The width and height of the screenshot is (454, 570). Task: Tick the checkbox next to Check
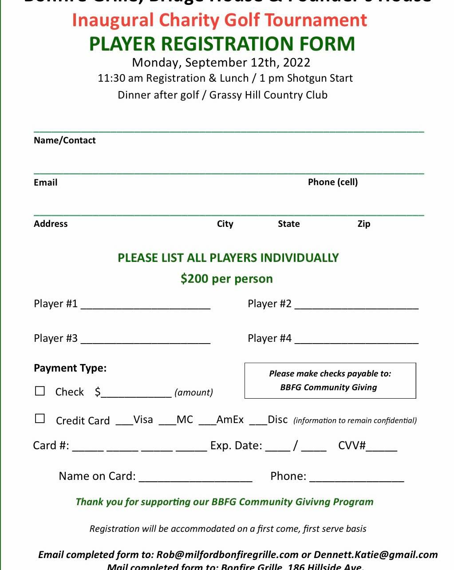pyautogui.click(x=40, y=391)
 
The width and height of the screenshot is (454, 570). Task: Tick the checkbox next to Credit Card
pyautogui.click(x=40, y=419)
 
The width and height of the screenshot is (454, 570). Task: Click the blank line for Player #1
pyautogui.click(x=145, y=306)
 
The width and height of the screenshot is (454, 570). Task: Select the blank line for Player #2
pyautogui.click(x=356, y=306)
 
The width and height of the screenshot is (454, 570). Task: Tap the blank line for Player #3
pyautogui.click(x=145, y=341)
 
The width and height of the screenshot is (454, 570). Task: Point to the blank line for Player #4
pyautogui.click(x=356, y=341)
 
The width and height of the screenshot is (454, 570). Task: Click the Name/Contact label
pyautogui.click(x=65, y=140)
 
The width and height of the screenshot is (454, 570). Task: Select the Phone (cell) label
pyautogui.click(x=333, y=182)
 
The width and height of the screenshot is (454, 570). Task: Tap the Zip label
pyautogui.click(x=364, y=224)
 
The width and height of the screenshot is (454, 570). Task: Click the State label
pyautogui.click(x=289, y=224)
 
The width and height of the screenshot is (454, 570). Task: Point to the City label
pyautogui.click(x=225, y=224)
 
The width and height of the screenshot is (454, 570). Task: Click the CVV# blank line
pyautogui.click(x=381, y=448)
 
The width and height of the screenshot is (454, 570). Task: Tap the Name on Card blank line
pyautogui.click(x=195, y=479)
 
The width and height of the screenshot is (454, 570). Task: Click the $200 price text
pyautogui.click(x=195, y=279)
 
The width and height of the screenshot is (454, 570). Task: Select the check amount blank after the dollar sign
pyautogui.click(x=136, y=394)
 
